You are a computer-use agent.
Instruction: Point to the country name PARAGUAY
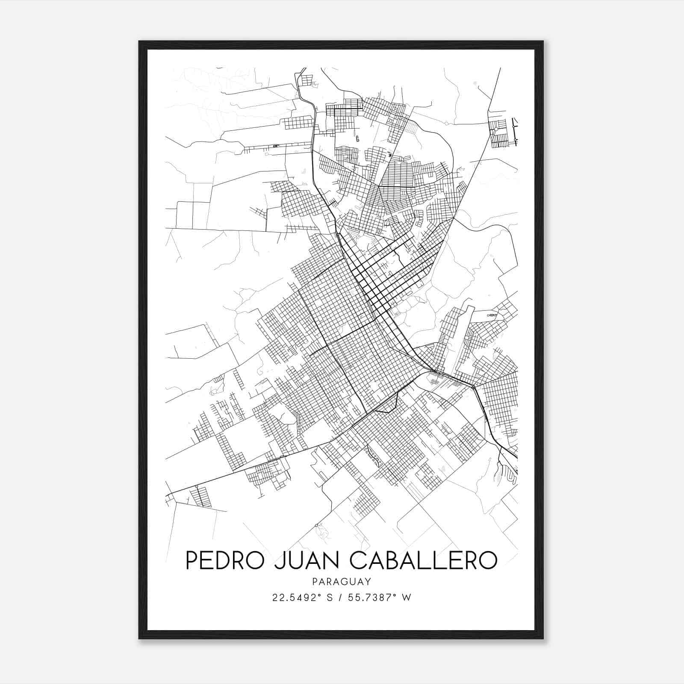342,581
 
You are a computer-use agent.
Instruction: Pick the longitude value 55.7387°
372,598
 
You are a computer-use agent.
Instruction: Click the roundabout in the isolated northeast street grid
496,127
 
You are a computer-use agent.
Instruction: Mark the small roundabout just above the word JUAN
316,525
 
